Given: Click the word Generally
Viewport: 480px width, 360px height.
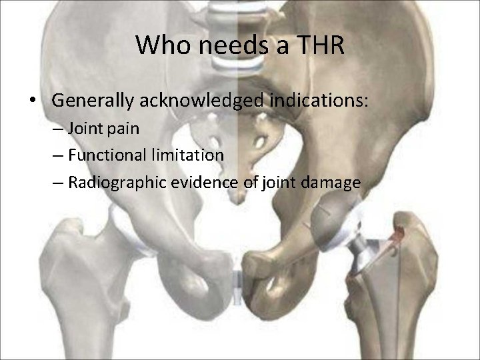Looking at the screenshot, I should click(93, 101).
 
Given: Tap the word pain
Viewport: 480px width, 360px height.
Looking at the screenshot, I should click(125, 129).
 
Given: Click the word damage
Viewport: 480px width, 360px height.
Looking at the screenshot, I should click(330, 183).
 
